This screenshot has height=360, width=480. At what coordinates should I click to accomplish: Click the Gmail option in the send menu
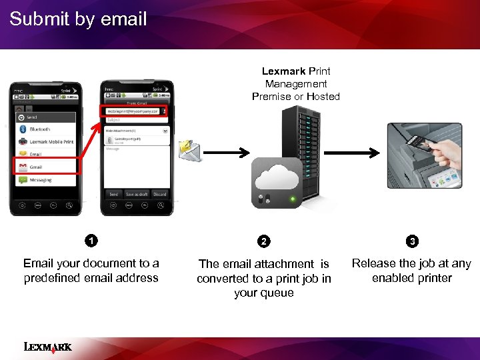click(36, 167)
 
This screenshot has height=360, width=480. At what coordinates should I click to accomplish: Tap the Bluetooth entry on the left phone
click(39, 129)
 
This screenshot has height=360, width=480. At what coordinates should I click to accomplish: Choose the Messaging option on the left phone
click(40, 180)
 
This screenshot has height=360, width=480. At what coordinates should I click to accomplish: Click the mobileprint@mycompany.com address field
click(133, 111)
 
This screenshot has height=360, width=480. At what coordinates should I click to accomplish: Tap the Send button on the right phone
click(113, 194)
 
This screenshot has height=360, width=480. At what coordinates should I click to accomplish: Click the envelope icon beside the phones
click(189, 151)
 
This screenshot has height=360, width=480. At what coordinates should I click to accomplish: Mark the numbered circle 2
click(264, 241)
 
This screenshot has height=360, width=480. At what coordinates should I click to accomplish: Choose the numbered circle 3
click(413, 240)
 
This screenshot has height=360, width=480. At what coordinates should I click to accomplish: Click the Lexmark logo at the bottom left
click(47, 346)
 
